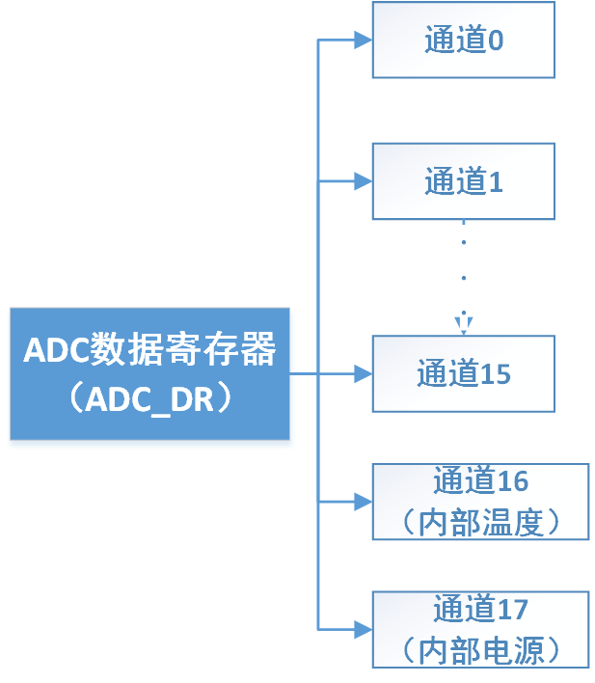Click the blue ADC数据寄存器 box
tap(149, 374)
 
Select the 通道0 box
tap(464, 41)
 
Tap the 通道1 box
tap(464, 181)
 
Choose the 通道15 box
tap(464, 373)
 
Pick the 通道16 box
tap(480, 501)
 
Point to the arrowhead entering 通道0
tap(363, 41)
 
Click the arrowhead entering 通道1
tap(363, 181)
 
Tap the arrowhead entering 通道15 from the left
tap(363, 373)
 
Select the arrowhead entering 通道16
tap(363, 502)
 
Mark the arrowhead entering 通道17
tap(363, 630)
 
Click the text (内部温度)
tap(480, 521)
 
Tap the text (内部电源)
tap(480, 649)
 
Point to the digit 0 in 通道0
tap(496, 41)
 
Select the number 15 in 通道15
tap(496, 373)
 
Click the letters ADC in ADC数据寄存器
tap(56, 349)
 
